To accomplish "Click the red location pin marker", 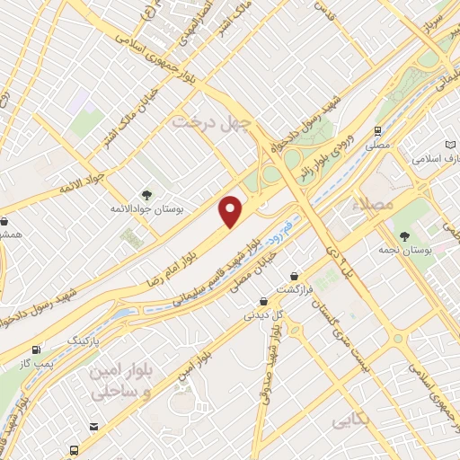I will (232, 210).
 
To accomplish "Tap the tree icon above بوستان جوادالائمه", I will (146, 193).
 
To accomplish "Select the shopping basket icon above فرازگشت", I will (294, 276).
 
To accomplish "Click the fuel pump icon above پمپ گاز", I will (36, 349).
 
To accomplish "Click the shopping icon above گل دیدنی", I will (263, 302).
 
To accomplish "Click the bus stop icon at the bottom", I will (71, 448).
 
